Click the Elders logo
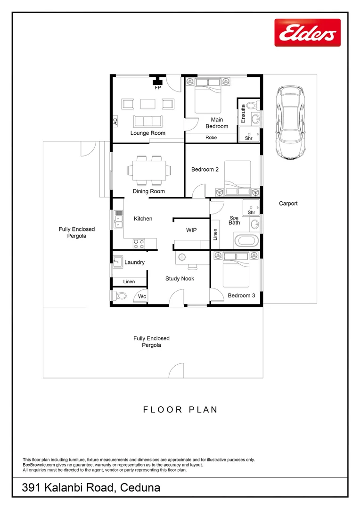point(307,33)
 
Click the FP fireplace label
point(157,88)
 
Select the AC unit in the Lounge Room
point(115,121)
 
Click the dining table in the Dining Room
point(148,170)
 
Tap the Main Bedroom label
point(217,123)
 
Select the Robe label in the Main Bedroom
point(211,138)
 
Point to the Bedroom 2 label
point(205,169)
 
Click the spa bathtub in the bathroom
point(246,241)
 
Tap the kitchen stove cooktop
point(139,244)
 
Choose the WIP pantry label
point(191,230)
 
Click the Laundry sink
point(118,262)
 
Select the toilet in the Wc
point(120,296)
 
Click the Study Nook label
point(180,279)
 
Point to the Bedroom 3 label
point(241,296)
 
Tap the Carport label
point(288,204)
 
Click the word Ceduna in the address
point(140,488)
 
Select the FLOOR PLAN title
point(180,410)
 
